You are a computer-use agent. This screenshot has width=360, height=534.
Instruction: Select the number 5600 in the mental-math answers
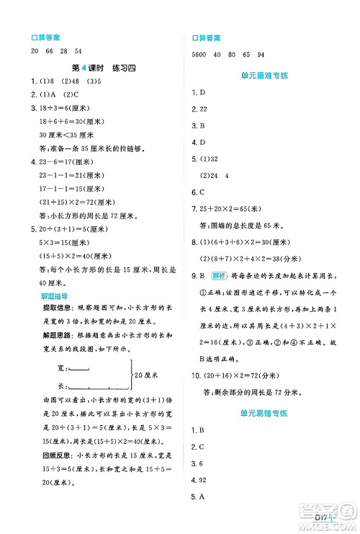point(199,55)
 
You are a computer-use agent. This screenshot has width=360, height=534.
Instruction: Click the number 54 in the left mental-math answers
point(78,50)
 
